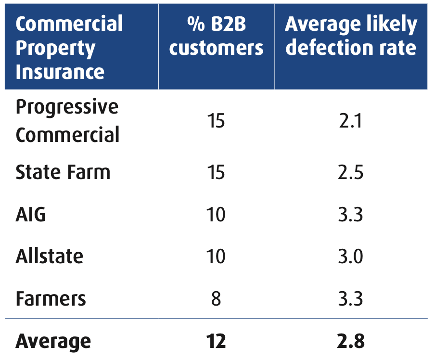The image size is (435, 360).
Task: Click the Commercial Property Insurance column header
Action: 69,48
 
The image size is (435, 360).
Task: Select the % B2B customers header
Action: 216,36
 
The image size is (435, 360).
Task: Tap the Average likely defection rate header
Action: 351,36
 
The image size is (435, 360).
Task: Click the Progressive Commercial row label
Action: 67,121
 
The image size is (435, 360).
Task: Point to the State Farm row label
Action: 63,172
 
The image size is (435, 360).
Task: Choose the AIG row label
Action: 31,214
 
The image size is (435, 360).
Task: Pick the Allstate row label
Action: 50,256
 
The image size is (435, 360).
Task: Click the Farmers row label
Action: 51,298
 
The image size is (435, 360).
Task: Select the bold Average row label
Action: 53,341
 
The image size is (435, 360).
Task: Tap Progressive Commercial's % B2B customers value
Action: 216,121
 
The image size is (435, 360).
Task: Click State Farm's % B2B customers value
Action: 216,172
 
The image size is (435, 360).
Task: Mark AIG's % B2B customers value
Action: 216,214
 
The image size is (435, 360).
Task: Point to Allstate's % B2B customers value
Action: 216,256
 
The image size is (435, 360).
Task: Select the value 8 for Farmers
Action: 216,298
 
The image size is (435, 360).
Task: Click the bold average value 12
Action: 216,341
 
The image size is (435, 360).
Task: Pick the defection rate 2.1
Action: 351,121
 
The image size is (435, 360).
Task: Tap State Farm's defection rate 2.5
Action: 351,172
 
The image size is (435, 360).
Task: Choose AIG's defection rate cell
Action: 351,214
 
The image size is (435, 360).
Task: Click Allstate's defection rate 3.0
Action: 351,256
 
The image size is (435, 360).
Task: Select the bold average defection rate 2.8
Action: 351,341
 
